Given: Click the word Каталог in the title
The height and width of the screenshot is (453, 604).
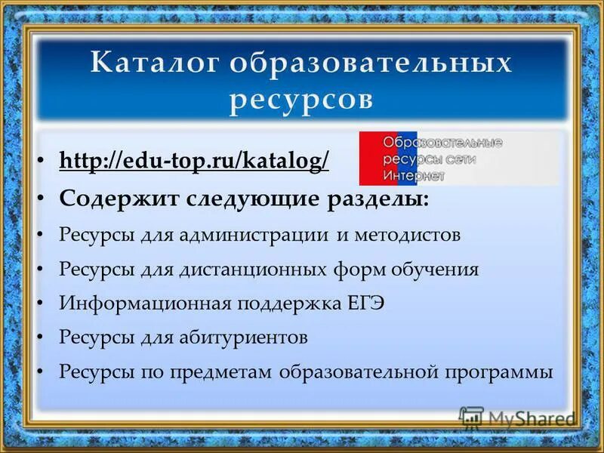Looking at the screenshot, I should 152,63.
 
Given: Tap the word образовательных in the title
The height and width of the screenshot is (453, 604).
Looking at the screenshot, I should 371,63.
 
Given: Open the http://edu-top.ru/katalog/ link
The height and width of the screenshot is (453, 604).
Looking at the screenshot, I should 194,162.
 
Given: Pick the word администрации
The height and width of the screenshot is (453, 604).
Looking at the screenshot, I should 259,234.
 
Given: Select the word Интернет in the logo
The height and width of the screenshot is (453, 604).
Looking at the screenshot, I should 414,175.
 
